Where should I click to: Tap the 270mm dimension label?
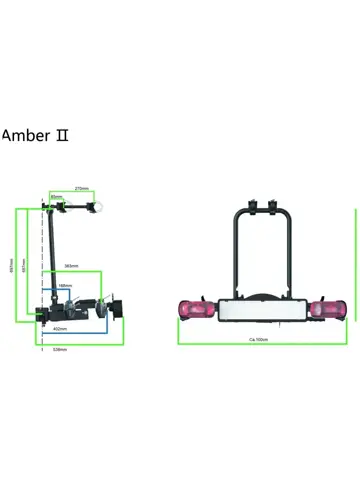tap(83, 188)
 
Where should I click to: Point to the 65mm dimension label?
tap(57, 196)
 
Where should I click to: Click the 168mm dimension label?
tap(65, 286)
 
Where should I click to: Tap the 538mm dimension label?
tap(60, 349)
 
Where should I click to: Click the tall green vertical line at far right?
tap(356, 265)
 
